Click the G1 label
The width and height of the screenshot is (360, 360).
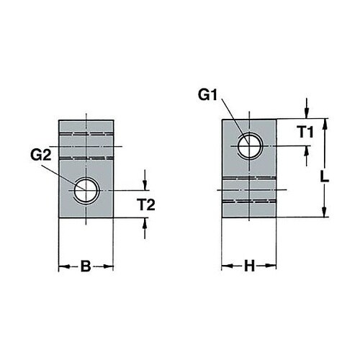(x=207, y=96)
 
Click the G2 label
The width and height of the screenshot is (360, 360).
(x=41, y=156)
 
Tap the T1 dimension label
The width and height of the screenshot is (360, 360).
(x=305, y=132)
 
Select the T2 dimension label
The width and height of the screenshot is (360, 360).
(x=146, y=205)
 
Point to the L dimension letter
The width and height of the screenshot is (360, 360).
(x=325, y=178)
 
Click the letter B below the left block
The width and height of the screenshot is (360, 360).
(x=86, y=266)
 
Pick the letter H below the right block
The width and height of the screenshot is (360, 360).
(x=249, y=266)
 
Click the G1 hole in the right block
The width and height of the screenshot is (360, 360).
(x=250, y=146)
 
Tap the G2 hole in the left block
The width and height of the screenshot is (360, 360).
(x=86, y=191)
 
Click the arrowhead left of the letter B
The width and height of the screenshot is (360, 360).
(x=64, y=266)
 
